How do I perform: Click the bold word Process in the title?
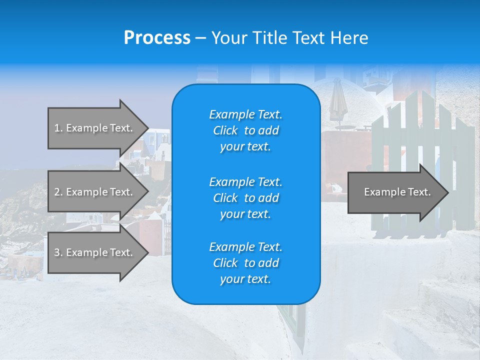157,38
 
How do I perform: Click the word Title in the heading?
268,38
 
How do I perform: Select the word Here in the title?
349,38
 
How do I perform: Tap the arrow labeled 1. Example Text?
95,128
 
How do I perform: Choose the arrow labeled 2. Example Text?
95,192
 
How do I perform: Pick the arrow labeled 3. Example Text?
95,252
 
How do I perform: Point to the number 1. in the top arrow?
58,128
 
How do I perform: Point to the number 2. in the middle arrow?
58,192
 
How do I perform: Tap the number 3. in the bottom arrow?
58,252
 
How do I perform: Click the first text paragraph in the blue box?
245,130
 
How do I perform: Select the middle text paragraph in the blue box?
245,198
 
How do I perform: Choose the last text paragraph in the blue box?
245,263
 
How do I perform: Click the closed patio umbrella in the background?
338,100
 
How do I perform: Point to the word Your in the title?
229,38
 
